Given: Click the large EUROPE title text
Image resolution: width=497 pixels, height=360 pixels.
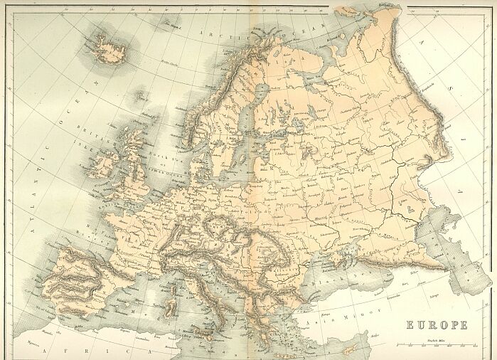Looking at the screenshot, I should coord(437,325).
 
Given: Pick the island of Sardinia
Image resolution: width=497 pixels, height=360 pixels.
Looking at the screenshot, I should coord(171,308).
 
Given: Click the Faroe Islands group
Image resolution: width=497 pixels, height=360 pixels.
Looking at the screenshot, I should coord(141,93).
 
